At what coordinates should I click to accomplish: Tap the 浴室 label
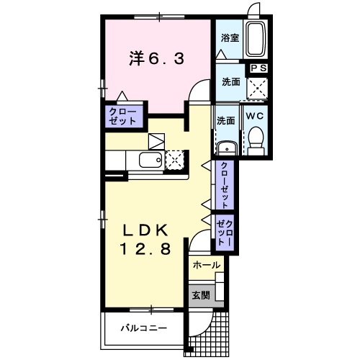[230, 38]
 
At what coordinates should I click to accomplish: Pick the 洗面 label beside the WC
[225, 121]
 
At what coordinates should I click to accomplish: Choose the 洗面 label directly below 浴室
[230, 82]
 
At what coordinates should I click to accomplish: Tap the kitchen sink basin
[150, 160]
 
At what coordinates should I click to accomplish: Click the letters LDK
[144, 230]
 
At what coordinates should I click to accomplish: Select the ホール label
[207, 265]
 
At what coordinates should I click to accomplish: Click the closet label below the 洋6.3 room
[122, 117]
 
